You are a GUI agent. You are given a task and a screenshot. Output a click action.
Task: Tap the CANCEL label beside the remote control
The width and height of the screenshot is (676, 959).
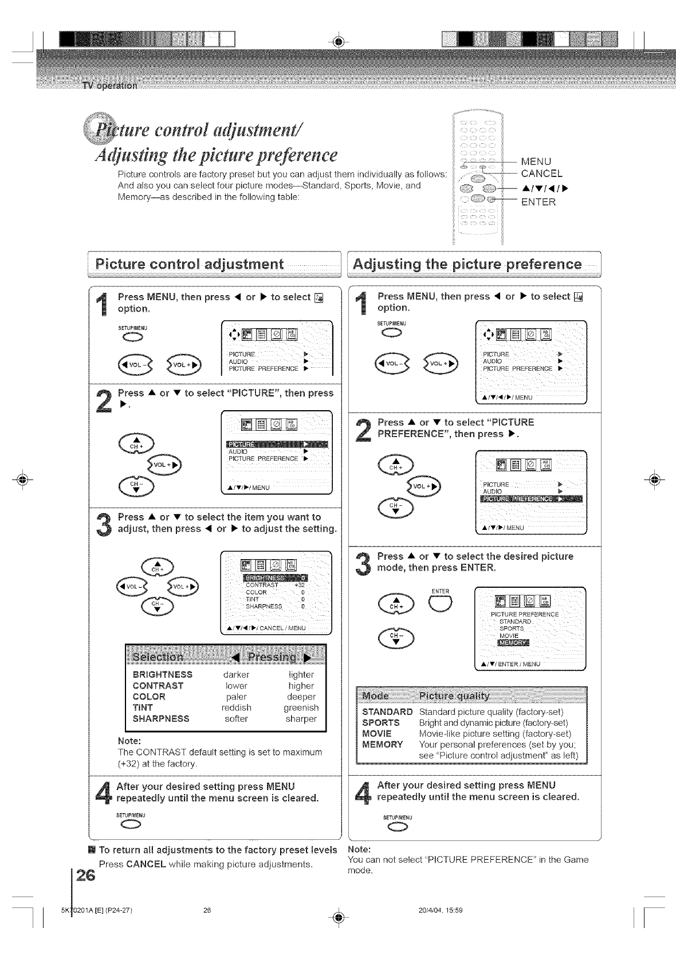[x=541, y=173]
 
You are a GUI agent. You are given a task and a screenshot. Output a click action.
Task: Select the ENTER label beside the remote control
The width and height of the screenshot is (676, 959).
[x=537, y=201]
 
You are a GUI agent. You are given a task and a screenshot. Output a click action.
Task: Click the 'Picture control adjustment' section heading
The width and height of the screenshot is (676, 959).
[x=190, y=264]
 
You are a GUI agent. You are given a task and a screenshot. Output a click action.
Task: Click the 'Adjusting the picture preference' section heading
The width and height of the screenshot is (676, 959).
[x=467, y=264]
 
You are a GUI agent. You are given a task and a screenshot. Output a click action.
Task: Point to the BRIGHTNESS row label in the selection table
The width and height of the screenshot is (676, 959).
[x=162, y=674]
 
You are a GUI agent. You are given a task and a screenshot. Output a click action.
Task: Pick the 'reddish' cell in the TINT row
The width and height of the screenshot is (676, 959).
[x=236, y=708]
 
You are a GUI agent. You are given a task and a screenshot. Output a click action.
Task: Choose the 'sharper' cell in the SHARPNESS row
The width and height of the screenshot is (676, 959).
[x=301, y=718]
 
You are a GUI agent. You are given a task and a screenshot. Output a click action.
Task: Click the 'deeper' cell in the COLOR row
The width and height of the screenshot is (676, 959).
[x=301, y=697]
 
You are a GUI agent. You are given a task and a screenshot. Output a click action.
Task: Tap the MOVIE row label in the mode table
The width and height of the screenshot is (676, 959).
[x=377, y=733]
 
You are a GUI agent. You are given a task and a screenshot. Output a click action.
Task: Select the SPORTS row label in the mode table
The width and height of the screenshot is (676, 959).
[x=381, y=722]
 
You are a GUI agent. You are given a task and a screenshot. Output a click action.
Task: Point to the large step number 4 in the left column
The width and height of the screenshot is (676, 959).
[x=103, y=792]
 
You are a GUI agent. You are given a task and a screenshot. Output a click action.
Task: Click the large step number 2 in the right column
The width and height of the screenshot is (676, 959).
[x=363, y=430]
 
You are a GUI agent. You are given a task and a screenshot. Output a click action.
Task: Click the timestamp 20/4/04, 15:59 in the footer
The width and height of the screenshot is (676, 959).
[x=441, y=910]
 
